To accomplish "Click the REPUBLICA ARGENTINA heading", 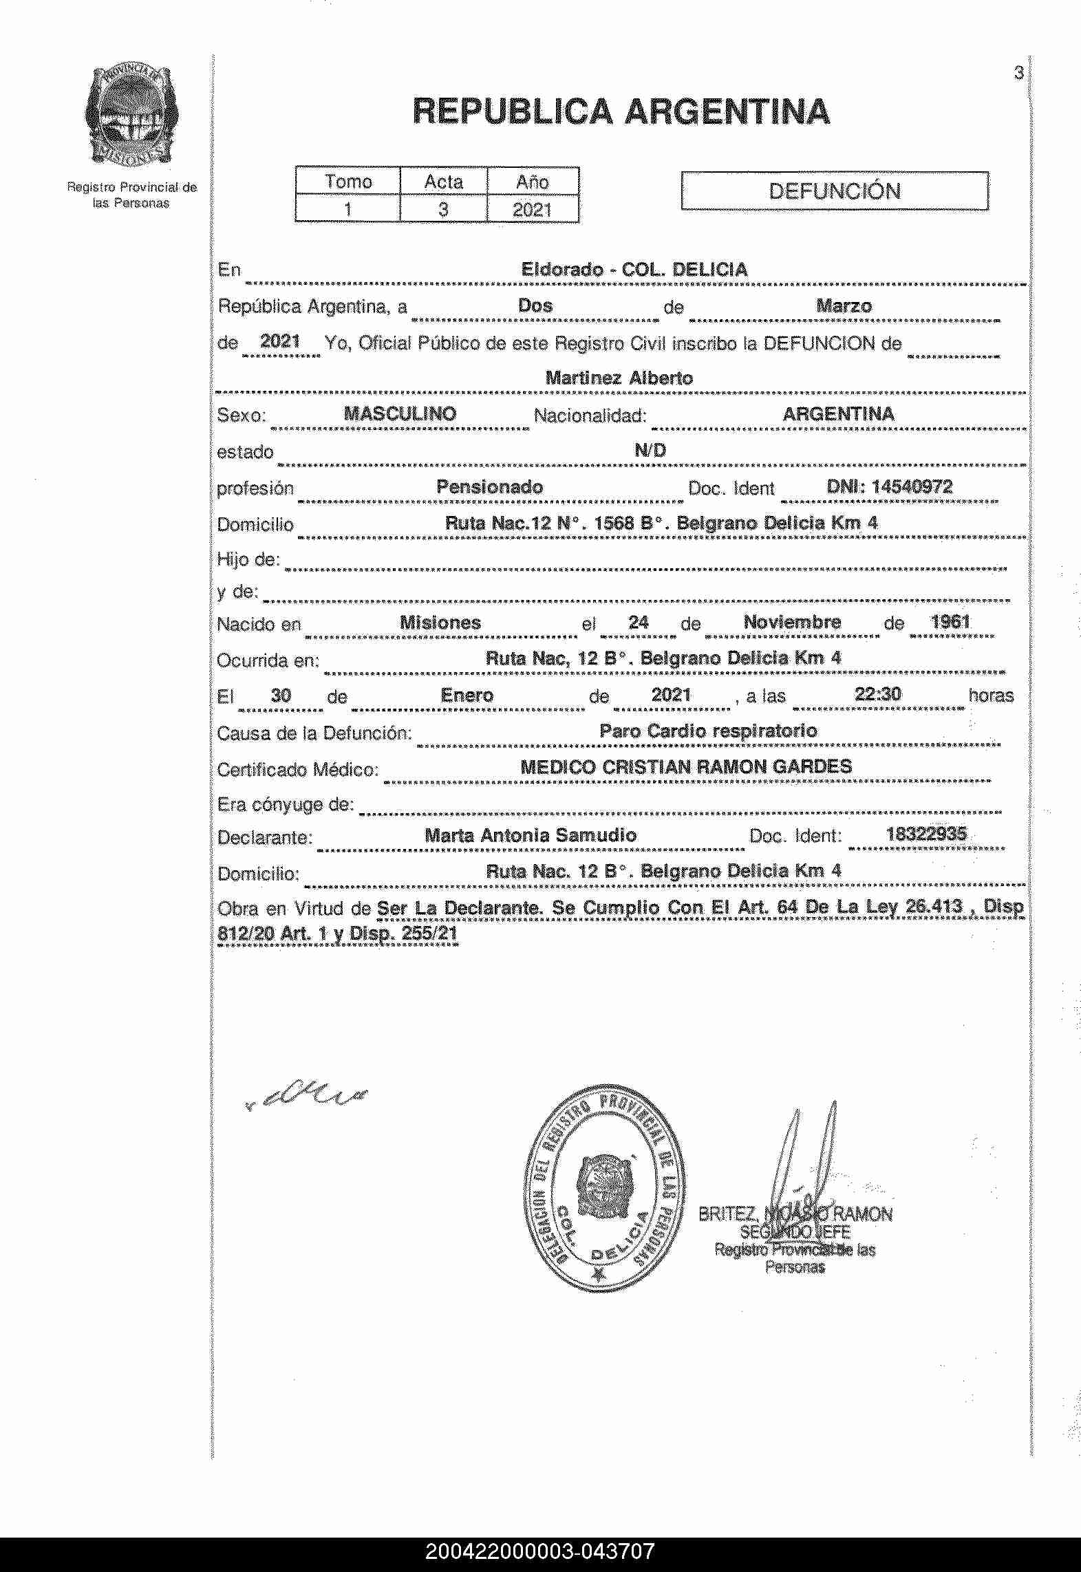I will [x=621, y=111].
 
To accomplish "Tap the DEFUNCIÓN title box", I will [x=834, y=191].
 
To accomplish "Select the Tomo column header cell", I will [x=348, y=182].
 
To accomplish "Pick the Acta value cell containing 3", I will [x=443, y=209].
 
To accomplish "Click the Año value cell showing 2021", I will [x=532, y=209].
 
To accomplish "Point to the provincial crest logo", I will [x=131, y=121].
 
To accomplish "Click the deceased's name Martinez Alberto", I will [x=619, y=378].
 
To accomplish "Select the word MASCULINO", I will [x=400, y=413].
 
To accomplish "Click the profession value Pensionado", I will [x=489, y=487].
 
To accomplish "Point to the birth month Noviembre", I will [x=792, y=622].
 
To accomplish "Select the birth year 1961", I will [x=950, y=622].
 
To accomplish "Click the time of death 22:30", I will [x=877, y=694].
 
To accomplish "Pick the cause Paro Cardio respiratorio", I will [x=708, y=731].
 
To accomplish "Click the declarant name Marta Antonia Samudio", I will [x=531, y=835].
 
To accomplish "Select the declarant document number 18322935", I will [x=926, y=835].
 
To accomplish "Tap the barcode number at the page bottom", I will [x=540, y=1552].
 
